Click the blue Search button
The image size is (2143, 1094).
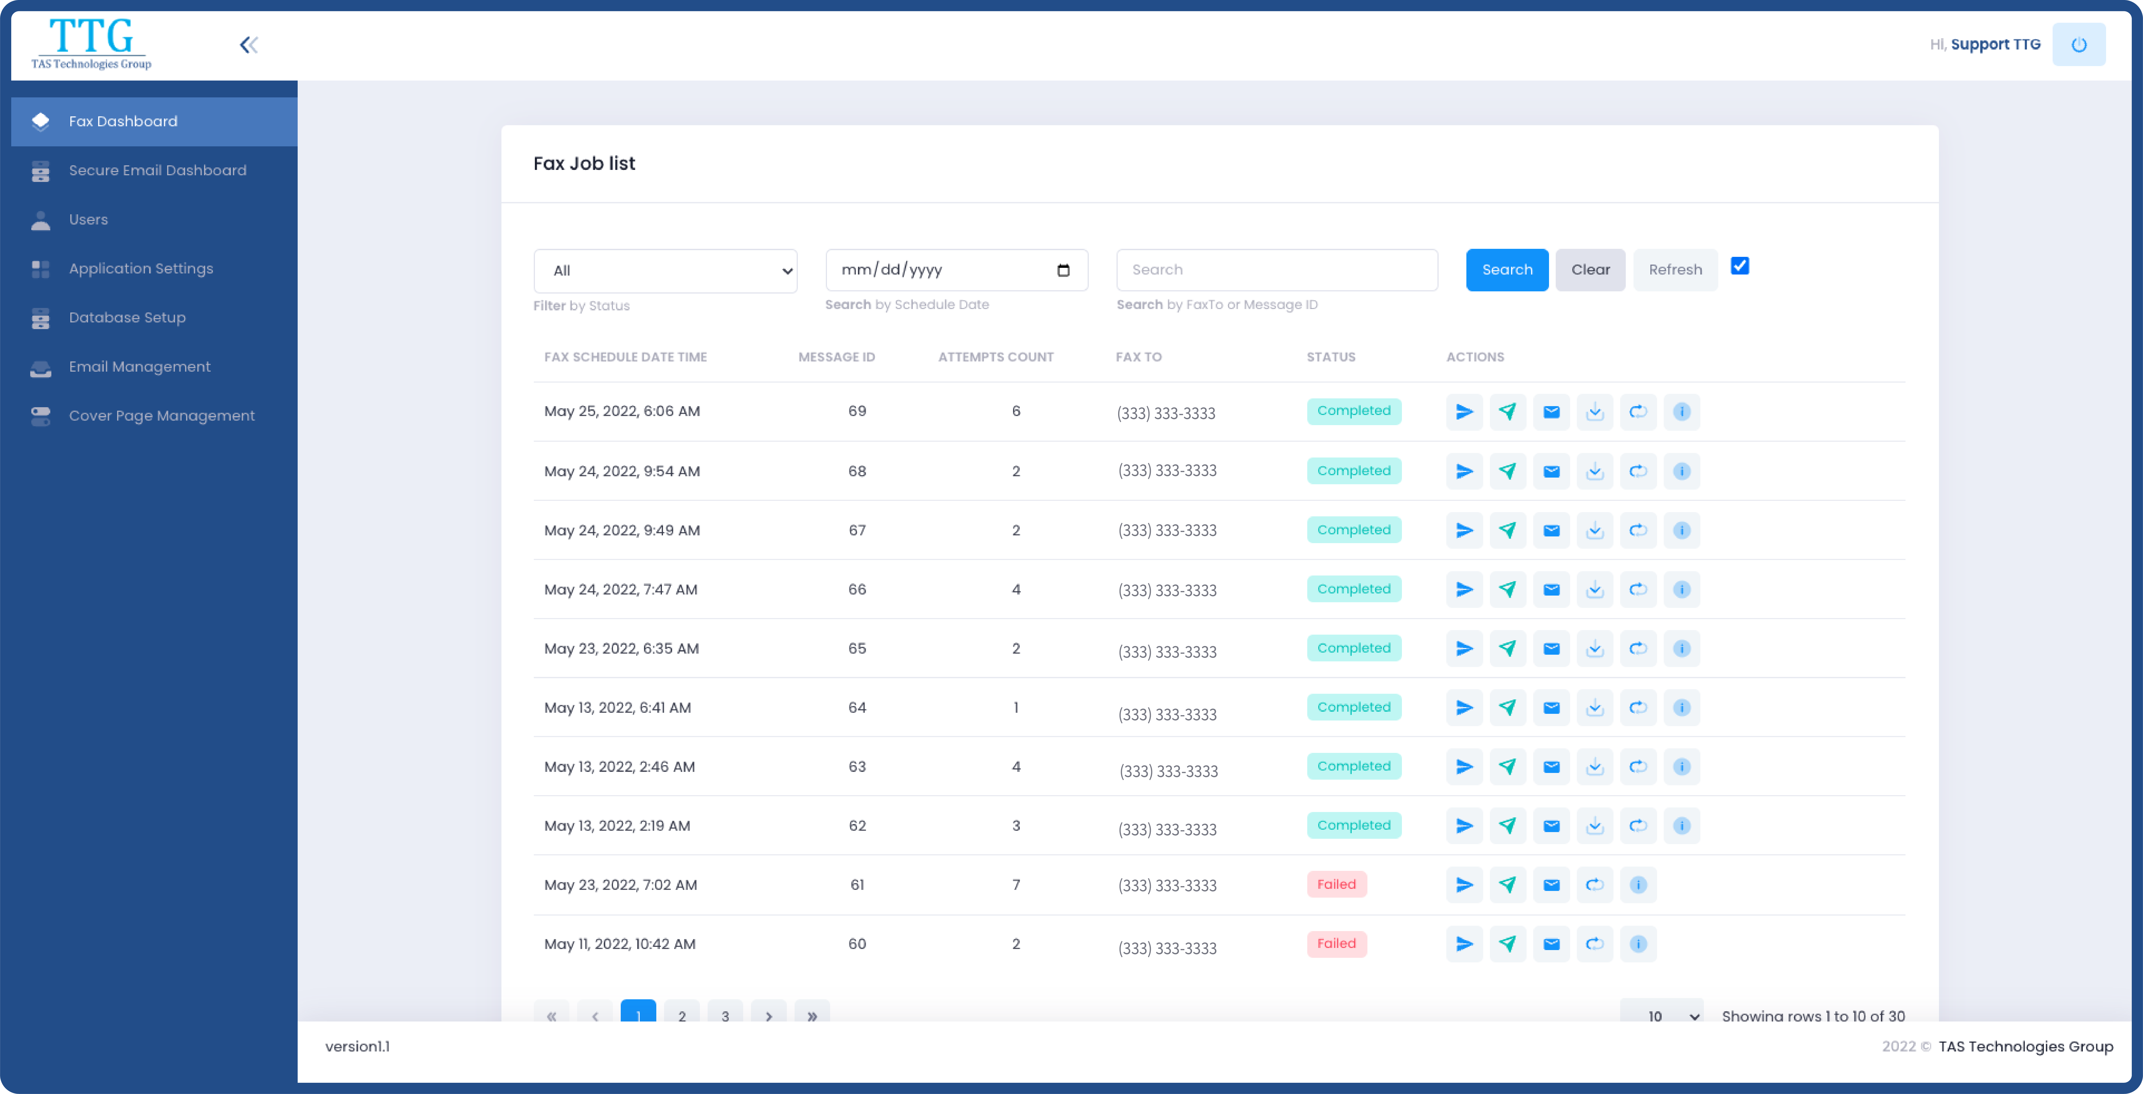point(1506,269)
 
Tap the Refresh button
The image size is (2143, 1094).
point(1675,269)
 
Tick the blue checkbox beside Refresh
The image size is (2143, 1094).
point(1739,266)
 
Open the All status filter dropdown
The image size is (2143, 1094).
point(665,270)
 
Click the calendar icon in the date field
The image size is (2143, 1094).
point(1063,270)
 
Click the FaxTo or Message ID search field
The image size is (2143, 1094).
point(1276,269)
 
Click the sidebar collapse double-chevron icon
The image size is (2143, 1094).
point(249,45)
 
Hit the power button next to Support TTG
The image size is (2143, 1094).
point(2078,45)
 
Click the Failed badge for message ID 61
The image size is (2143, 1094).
point(1336,884)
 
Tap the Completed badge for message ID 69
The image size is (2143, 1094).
point(1354,411)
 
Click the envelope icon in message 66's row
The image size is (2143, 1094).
point(1551,590)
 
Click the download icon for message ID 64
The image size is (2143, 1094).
point(1594,708)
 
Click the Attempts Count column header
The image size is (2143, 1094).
point(996,357)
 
